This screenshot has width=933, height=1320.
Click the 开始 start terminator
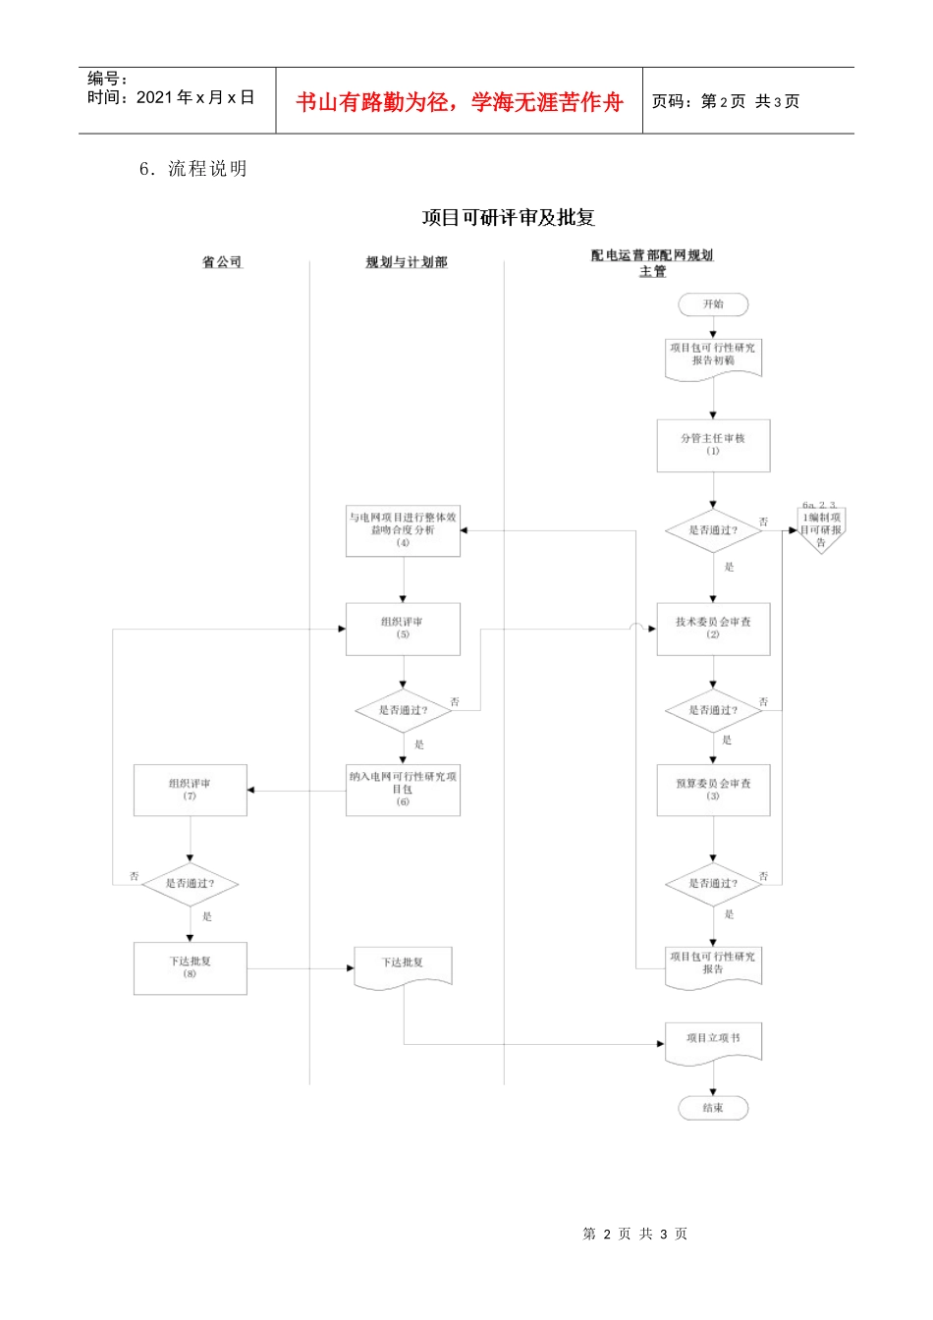pyautogui.click(x=713, y=304)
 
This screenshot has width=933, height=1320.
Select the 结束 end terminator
pyautogui.click(x=713, y=1108)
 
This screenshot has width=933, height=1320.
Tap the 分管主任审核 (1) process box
pyautogui.click(x=713, y=445)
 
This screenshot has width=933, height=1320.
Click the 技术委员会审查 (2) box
pyautogui.click(x=713, y=629)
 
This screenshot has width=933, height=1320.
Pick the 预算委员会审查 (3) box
pyautogui.click(x=713, y=790)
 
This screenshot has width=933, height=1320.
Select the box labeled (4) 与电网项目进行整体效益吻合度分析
pyautogui.click(x=403, y=530)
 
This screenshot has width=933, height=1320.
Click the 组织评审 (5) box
pyautogui.click(x=403, y=629)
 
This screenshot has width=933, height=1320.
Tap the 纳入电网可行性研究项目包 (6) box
pyautogui.click(x=403, y=790)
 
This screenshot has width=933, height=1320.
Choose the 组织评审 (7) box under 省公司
pyautogui.click(x=190, y=790)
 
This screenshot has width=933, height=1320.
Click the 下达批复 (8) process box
pyautogui.click(x=190, y=967)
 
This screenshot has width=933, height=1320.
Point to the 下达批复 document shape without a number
pyautogui.click(x=403, y=964)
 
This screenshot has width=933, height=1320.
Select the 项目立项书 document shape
pyautogui.click(x=713, y=1041)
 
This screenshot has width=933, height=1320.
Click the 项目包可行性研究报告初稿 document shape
pyautogui.click(x=713, y=357)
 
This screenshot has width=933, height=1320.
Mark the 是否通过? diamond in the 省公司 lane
pyautogui.click(x=190, y=883)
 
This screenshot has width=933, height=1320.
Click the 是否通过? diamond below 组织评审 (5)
pyautogui.click(x=403, y=710)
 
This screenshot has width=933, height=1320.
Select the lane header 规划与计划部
pyautogui.click(x=406, y=262)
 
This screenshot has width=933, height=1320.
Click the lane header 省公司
pyautogui.click(x=222, y=262)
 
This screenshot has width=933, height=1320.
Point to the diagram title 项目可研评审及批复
pyautogui.click(x=509, y=218)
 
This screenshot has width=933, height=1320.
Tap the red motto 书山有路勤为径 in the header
pyautogui.click(x=460, y=102)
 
